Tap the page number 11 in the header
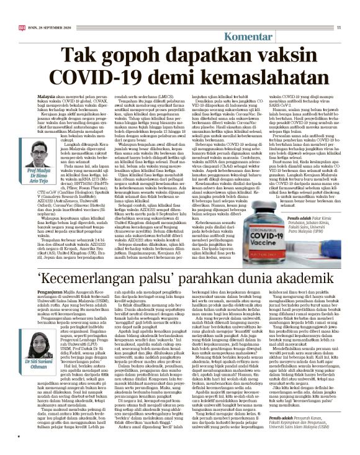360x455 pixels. click(x=340, y=27)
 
